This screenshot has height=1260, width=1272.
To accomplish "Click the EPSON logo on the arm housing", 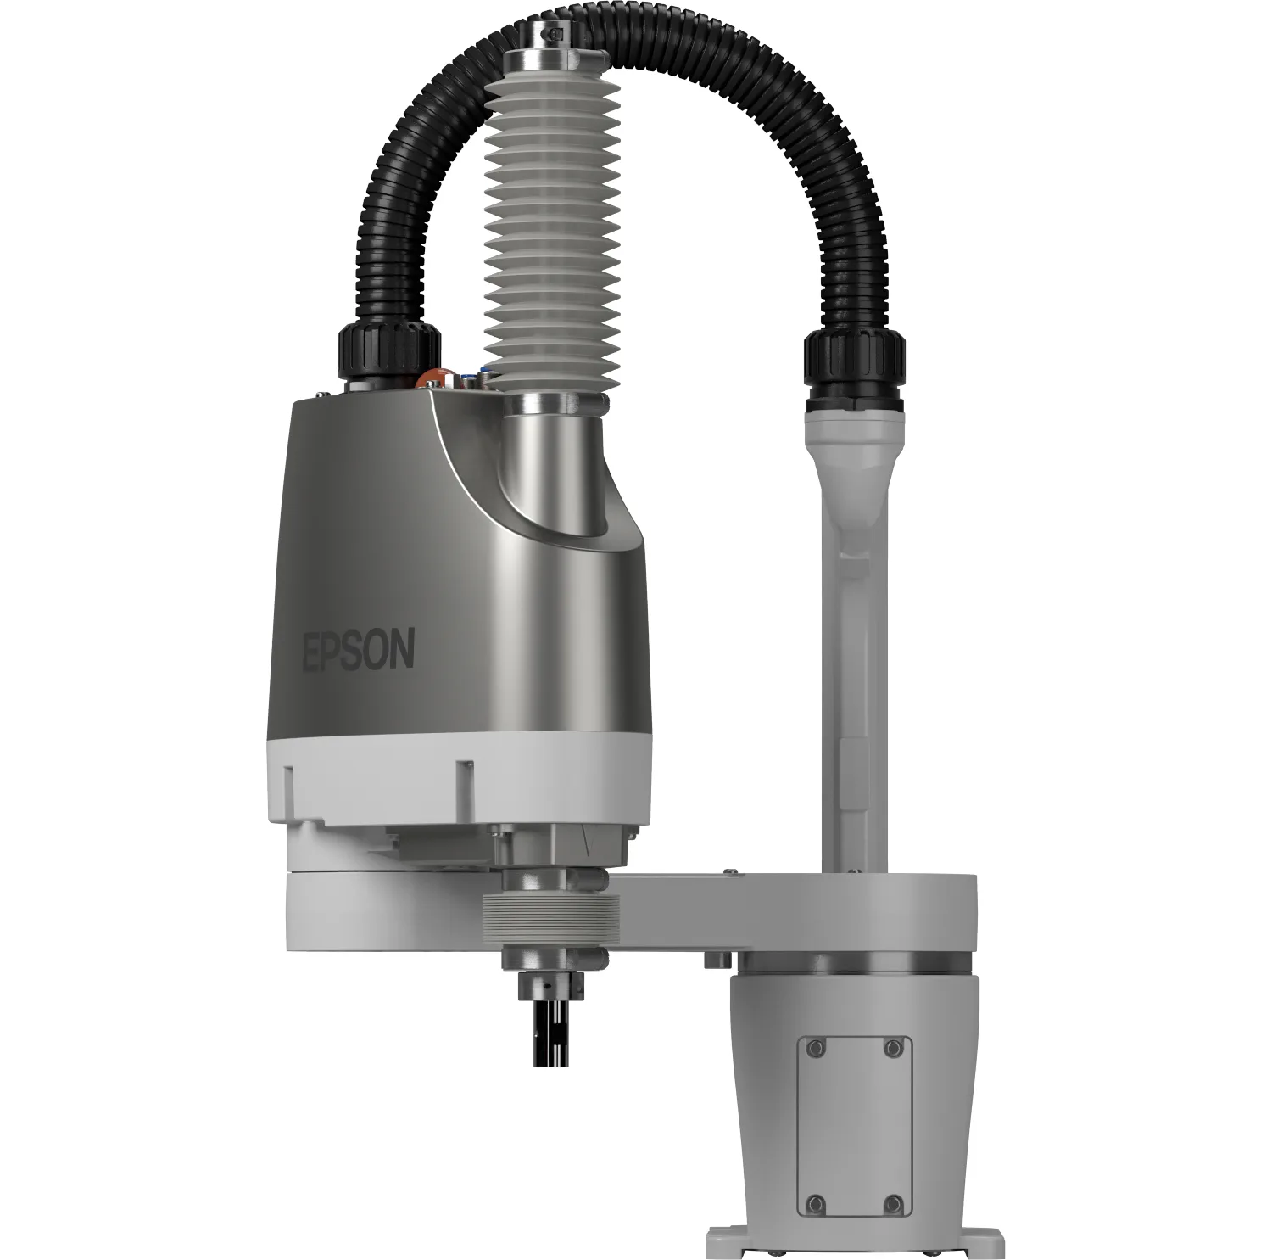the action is tap(360, 649).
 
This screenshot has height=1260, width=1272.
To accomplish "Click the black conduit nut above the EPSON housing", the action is tap(389, 354).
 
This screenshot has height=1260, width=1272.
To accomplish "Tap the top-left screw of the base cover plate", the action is tap(816, 1049).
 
